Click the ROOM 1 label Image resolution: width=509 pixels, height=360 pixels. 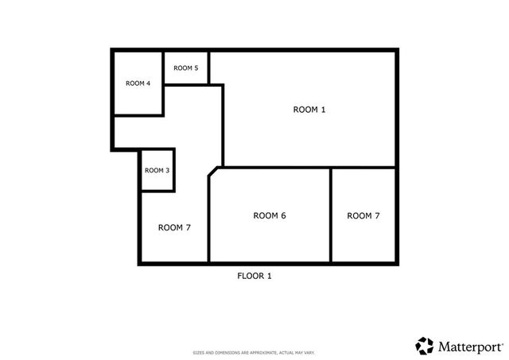pyautogui.click(x=310, y=110)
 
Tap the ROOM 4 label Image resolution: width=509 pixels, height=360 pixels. pyautogui.click(x=138, y=83)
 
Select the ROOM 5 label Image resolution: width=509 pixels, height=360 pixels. pyautogui.click(x=186, y=68)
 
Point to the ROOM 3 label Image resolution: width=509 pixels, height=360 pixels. pyautogui.click(x=157, y=170)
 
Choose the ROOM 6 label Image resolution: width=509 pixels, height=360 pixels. pyautogui.click(x=270, y=215)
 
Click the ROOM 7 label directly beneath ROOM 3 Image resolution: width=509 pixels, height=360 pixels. pyautogui.click(x=174, y=227)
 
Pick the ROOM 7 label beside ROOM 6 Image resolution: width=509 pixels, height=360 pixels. pyautogui.click(x=363, y=215)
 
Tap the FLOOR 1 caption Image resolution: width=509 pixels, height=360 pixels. pyautogui.click(x=254, y=276)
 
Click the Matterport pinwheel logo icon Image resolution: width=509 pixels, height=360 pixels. pyautogui.click(x=425, y=346)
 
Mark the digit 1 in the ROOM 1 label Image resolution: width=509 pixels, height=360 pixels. pyautogui.click(x=323, y=110)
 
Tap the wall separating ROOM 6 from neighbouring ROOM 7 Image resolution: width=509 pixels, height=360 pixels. pyautogui.click(x=330, y=215)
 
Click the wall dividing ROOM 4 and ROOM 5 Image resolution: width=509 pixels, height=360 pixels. pyautogui.click(x=163, y=68)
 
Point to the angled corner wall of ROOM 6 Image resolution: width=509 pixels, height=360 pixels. pyautogui.click(x=213, y=172)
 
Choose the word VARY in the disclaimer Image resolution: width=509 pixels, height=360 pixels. pyautogui.click(x=311, y=353)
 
